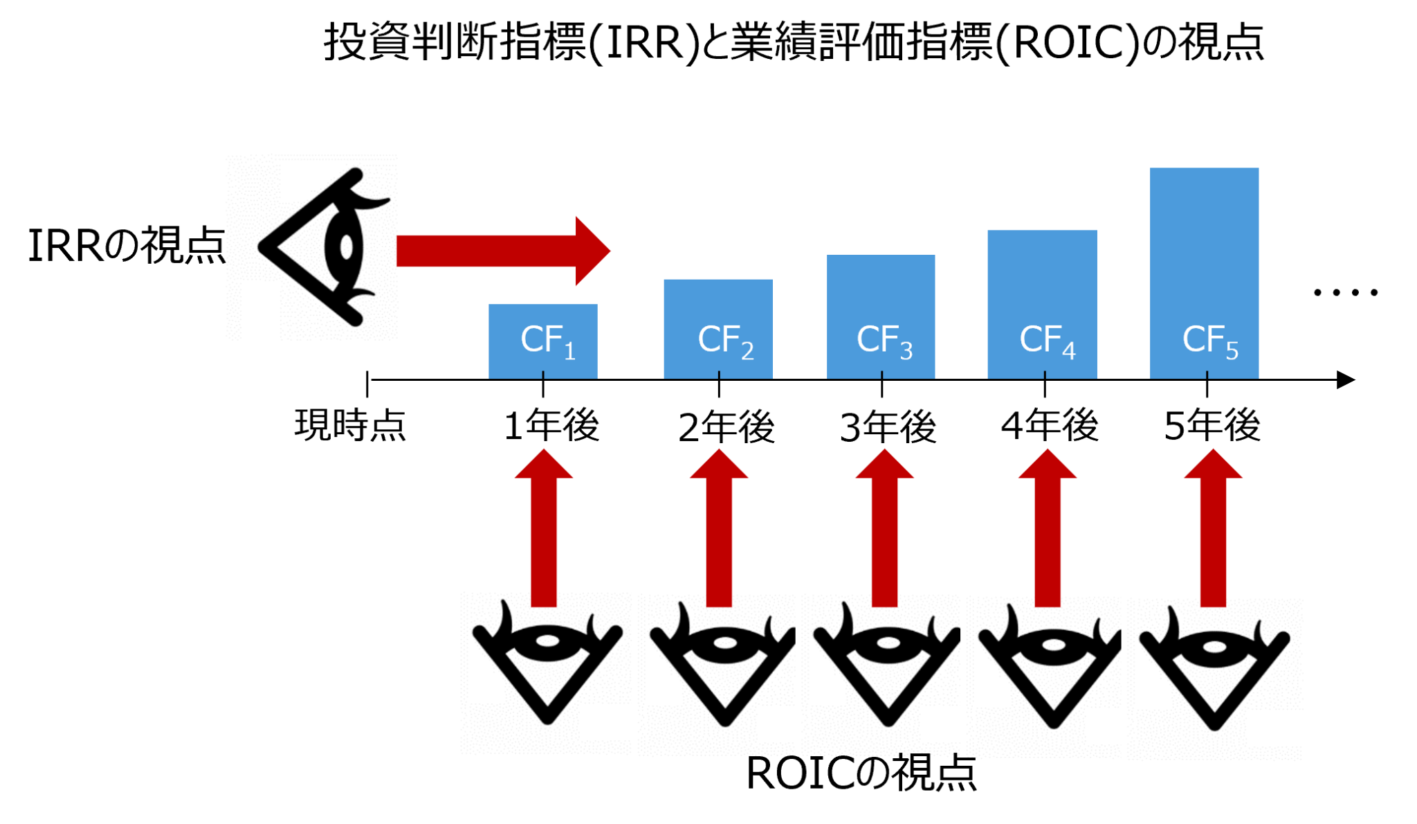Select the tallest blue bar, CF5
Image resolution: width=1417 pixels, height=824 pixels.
click(1204, 242)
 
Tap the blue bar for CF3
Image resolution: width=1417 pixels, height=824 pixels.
click(881, 291)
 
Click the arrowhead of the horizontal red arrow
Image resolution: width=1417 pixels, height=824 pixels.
click(592, 251)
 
